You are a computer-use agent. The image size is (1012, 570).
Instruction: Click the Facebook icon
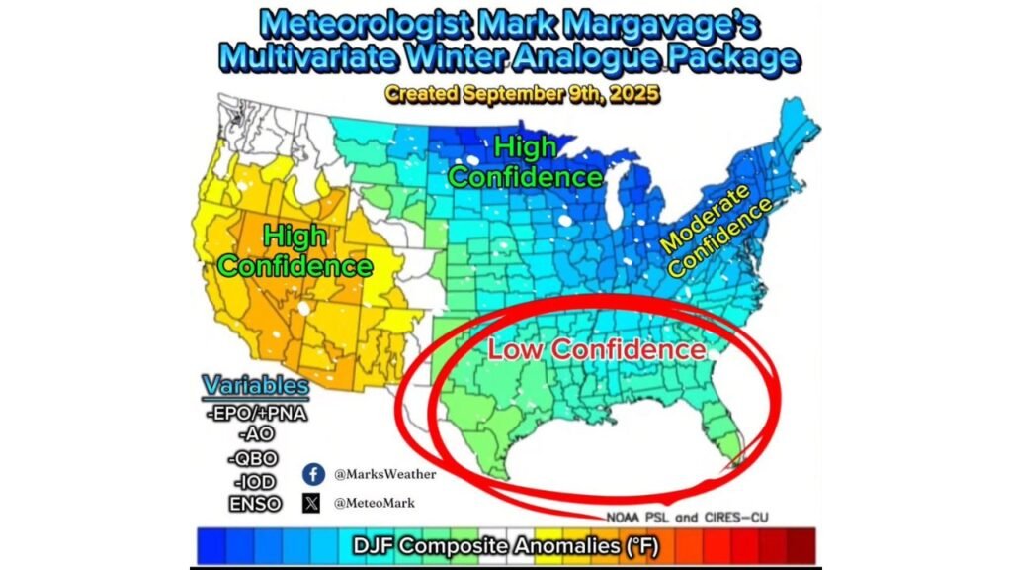coord(314,473)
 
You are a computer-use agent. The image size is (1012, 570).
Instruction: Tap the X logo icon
coord(313,503)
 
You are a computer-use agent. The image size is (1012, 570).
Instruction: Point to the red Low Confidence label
coord(596,349)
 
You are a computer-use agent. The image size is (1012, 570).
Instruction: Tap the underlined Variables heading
coord(255,385)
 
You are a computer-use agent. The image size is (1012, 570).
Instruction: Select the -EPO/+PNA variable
coord(256,413)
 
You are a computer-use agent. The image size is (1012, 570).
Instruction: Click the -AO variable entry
coord(256,435)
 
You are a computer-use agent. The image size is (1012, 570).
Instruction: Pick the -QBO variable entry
coord(256,458)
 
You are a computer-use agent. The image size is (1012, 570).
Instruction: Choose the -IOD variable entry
coord(256,481)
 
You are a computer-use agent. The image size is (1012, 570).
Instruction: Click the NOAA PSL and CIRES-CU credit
coord(686,518)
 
